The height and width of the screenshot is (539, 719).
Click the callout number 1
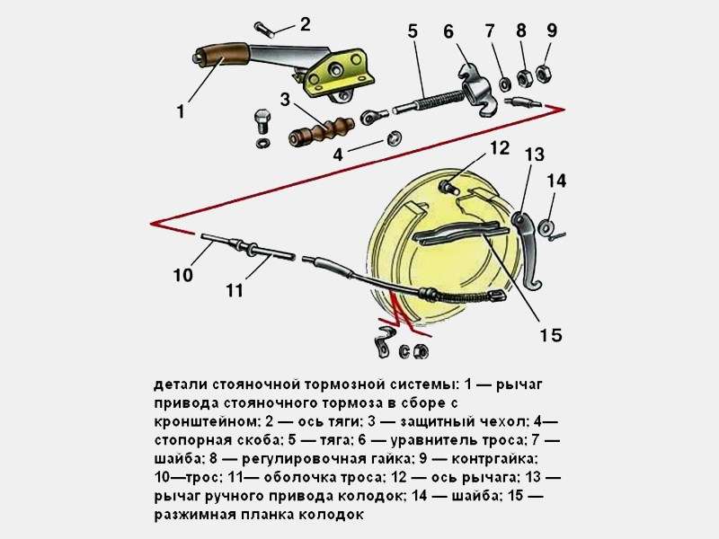coord(181,112)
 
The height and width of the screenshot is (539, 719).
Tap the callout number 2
coord(305,24)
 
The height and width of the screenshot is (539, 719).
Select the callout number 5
coord(413,31)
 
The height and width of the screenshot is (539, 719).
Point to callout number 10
coord(182,276)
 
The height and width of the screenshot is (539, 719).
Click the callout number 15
coord(551,335)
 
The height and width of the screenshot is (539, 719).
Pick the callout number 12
coord(500,147)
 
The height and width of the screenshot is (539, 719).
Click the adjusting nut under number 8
coord(525,75)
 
